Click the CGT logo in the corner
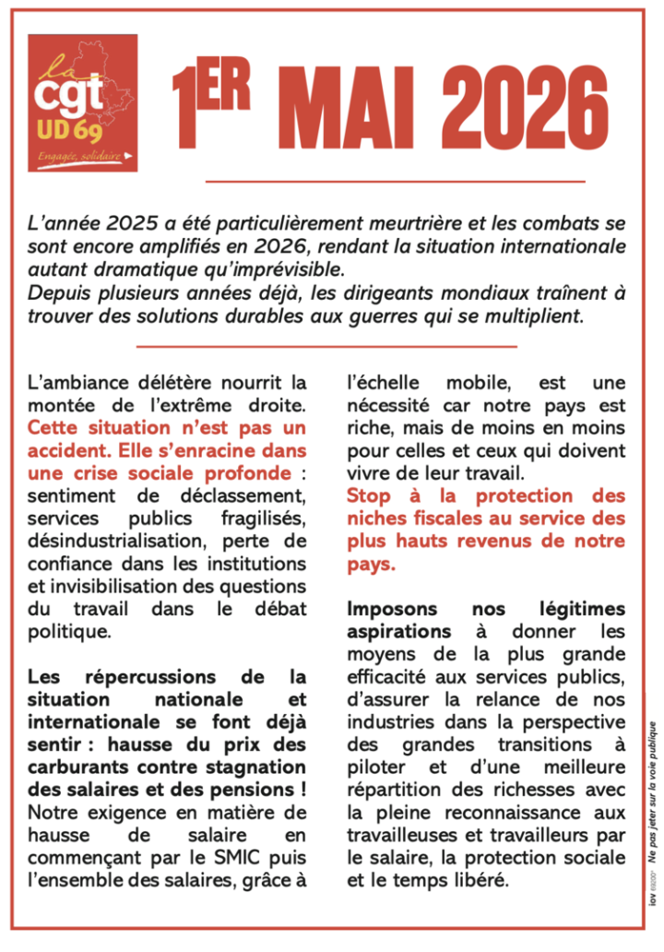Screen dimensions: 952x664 [82, 102]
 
